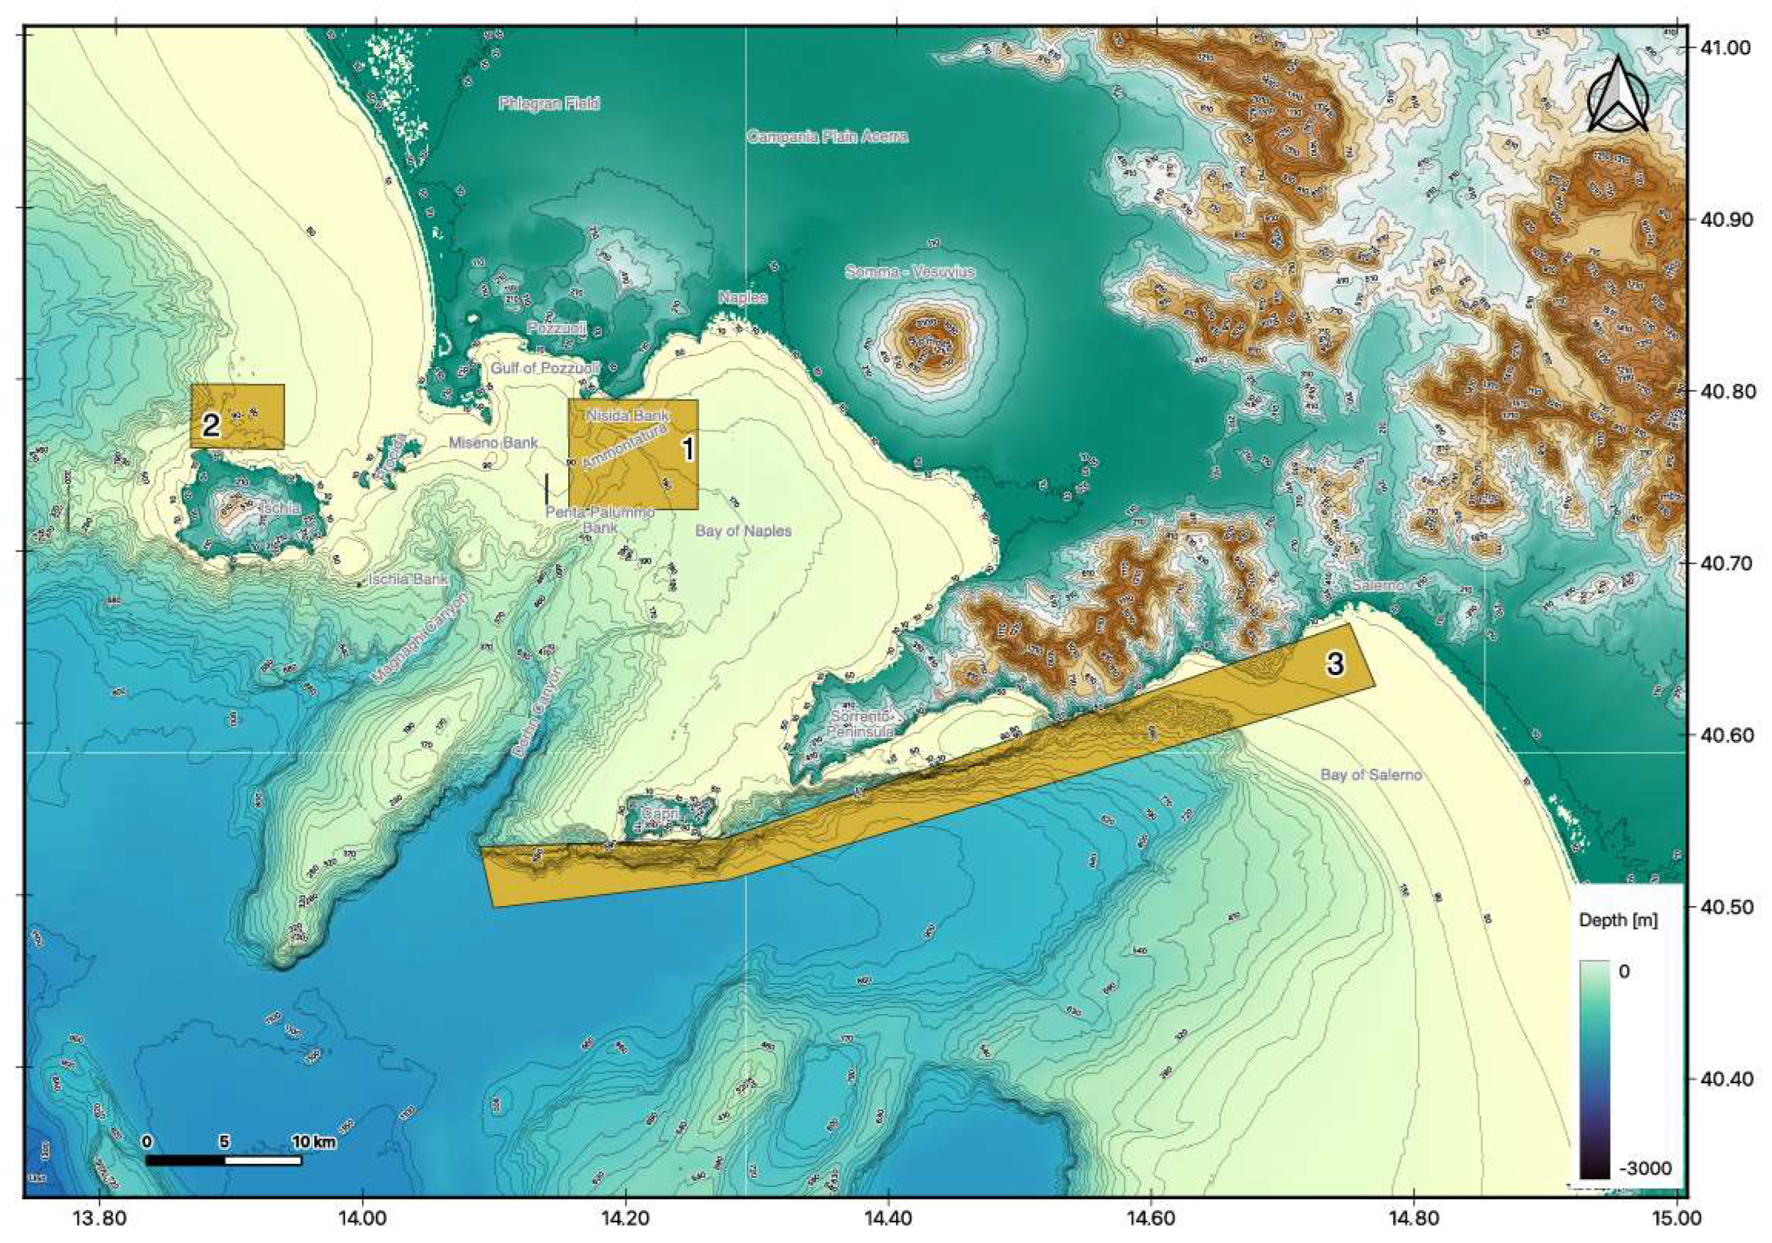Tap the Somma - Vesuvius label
tap(910, 272)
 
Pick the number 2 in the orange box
tap(212, 425)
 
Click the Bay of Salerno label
tap(1371, 775)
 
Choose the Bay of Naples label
tap(743, 531)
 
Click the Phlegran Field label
tap(548, 103)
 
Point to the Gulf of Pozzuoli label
tap(545, 368)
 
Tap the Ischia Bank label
tap(408, 578)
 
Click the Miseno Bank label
tap(493, 443)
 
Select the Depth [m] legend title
tap(1618, 920)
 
